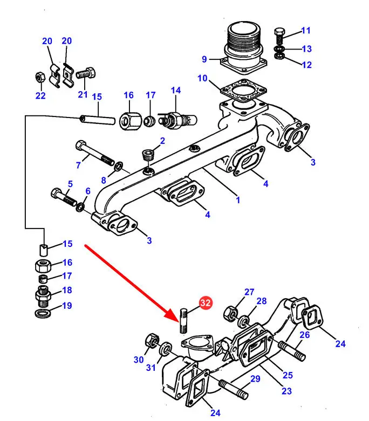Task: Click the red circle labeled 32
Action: (205, 303)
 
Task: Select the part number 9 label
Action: (204, 59)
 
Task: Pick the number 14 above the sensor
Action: (176, 90)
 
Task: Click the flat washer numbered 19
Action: (43, 314)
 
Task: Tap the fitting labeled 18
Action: (43, 294)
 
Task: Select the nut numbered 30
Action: (151, 342)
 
